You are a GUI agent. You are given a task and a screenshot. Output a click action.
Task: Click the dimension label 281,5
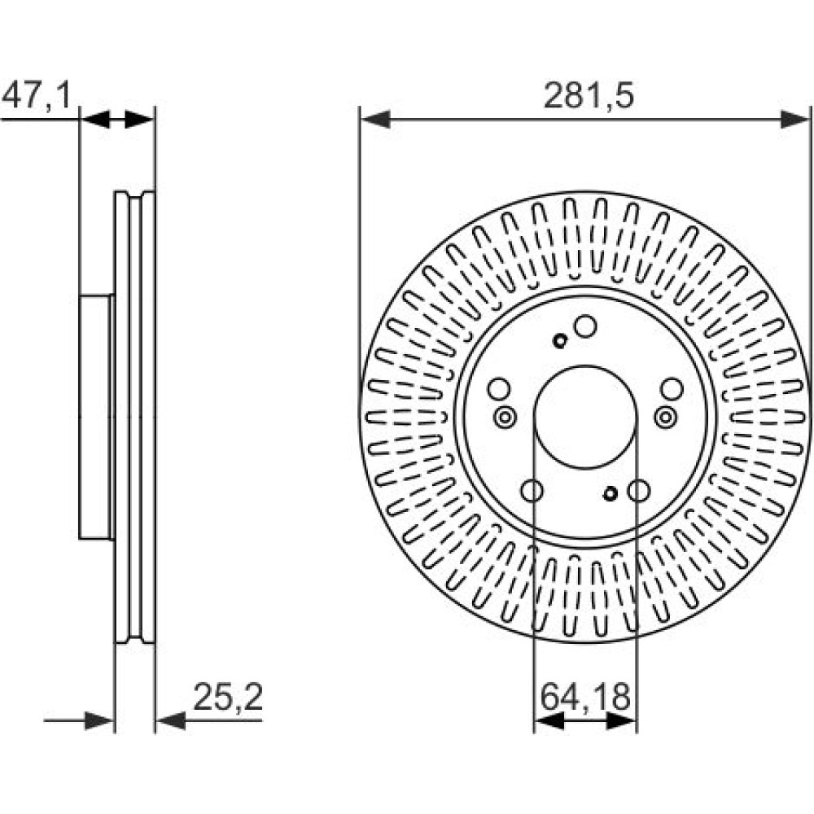point(589,96)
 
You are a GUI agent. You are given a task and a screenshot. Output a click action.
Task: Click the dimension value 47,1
point(36,96)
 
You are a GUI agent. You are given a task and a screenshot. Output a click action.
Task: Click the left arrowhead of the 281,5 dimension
point(374,120)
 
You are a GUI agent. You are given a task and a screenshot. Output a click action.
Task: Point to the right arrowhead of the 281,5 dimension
point(795,120)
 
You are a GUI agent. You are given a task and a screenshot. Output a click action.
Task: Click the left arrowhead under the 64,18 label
point(549,720)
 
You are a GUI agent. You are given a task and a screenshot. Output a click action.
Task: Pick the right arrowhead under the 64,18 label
point(621,720)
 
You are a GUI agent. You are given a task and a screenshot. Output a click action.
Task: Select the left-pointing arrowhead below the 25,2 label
point(171,720)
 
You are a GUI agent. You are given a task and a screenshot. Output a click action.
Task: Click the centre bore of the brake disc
point(585,416)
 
